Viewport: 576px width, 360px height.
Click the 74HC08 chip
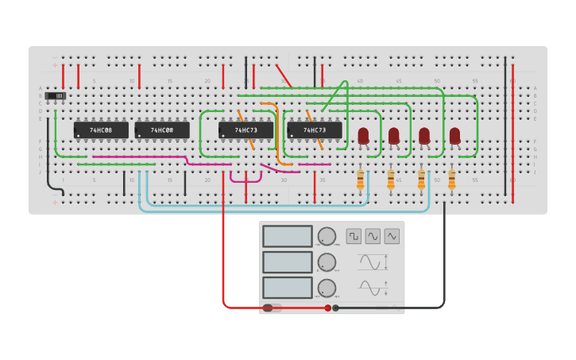click(101, 130)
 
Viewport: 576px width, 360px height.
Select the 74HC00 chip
click(162, 130)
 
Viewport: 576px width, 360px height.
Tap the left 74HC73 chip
click(245, 130)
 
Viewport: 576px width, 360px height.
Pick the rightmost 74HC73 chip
click(315, 130)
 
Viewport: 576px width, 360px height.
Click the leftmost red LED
click(363, 136)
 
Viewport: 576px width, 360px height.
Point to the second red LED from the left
click(393, 136)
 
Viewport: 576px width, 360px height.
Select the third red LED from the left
click(424, 136)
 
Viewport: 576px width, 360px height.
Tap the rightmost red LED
click(454, 136)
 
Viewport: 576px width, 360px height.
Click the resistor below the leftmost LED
click(360, 180)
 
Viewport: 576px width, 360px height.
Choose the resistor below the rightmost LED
click(452, 180)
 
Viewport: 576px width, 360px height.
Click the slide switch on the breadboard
click(55, 96)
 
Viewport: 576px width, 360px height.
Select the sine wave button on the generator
click(373, 236)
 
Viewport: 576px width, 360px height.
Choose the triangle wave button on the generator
click(392, 236)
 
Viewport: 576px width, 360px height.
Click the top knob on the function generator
click(327, 236)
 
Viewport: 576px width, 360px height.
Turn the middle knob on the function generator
click(327, 261)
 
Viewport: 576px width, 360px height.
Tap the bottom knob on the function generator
click(327, 287)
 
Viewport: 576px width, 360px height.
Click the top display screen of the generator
click(287, 236)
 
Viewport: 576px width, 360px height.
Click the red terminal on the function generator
click(327, 308)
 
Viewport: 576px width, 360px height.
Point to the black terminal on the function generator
click(336, 308)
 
